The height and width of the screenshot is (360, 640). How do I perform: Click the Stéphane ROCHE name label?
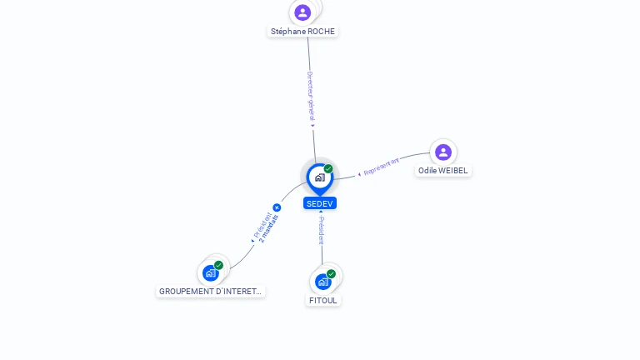pos(302,32)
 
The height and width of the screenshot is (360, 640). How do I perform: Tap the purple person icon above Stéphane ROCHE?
pos(302,12)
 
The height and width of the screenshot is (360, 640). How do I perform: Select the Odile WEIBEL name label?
pos(443,171)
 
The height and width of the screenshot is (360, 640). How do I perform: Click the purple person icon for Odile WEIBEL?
pos(443,152)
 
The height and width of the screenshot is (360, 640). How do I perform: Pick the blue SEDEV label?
pos(320,203)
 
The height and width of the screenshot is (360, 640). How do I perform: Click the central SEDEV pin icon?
pos(319,177)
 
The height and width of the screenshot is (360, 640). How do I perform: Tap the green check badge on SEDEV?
pos(328,169)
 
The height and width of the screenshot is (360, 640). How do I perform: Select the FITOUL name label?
pos(323,300)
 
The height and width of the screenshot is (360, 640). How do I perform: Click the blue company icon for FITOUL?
pos(322,282)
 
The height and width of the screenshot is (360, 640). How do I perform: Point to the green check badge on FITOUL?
pos(332,273)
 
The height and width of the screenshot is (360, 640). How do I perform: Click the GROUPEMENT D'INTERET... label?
pos(210,292)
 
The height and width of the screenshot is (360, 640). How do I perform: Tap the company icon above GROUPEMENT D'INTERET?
pos(211,272)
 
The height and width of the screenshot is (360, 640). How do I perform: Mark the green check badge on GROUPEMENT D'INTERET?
pos(219,265)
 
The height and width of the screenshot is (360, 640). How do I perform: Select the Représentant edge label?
pos(381,166)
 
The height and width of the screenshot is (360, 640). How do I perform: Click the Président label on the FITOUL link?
pos(322,230)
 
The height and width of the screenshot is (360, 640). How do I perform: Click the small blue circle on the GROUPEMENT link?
pos(277,207)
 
